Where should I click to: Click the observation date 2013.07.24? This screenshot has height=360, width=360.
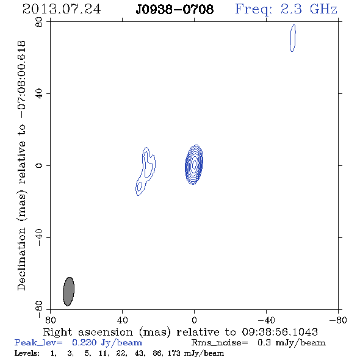[62, 9]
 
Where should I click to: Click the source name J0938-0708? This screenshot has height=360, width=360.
[175, 10]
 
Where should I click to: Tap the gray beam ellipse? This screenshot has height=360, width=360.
[69, 291]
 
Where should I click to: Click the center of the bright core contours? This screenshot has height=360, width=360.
[194, 164]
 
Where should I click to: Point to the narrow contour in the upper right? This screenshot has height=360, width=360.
[293, 38]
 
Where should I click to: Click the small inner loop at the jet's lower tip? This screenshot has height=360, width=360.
[139, 187]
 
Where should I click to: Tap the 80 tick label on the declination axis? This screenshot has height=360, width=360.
[39, 22]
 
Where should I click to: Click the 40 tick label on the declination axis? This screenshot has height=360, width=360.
[39, 94]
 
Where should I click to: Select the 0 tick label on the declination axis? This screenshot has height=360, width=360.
[39, 165]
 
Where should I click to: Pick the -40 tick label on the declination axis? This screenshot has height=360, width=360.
[39, 237]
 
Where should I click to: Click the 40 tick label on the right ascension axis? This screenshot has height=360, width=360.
[122, 320]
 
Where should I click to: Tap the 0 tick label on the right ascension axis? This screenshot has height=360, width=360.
[194, 320]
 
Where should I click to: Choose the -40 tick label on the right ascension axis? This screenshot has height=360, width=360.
[266, 320]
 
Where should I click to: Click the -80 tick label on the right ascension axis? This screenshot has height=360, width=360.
[338, 320]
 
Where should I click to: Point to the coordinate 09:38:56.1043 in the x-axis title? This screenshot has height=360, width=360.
[279, 332]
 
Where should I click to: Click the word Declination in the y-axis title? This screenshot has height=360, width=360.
[21, 259]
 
